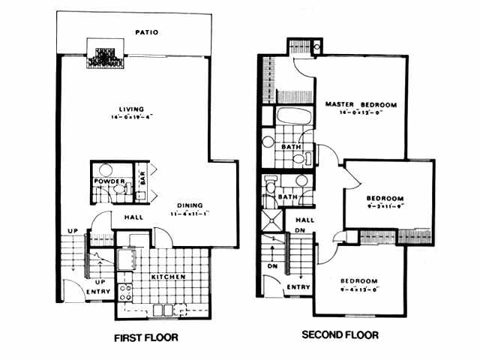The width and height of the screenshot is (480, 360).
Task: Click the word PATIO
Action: tap(146, 32)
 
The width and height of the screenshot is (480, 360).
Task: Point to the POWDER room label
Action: tap(107, 181)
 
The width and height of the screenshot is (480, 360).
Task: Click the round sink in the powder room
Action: tap(104, 169)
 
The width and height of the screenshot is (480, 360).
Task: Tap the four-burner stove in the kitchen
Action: tap(124, 287)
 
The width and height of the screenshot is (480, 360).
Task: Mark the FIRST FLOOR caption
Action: tap(145, 337)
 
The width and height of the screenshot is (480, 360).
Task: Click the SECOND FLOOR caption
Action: tap(340, 334)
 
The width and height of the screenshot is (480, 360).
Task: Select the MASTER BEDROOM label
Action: tap(361, 104)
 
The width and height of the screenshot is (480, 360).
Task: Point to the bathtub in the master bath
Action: tap(290, 118)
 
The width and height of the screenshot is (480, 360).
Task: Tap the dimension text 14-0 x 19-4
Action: tap(131, 118)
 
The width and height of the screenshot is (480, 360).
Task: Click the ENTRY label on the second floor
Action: tap(298, 286)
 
